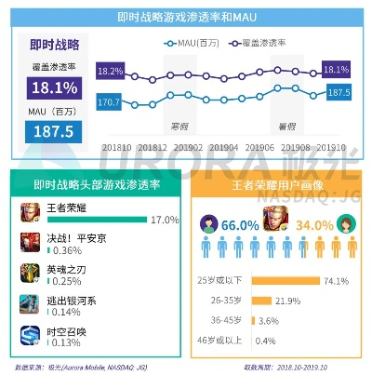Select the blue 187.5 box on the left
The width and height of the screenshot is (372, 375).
click(46, 131)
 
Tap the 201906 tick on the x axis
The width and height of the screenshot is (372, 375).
click(260, 146)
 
